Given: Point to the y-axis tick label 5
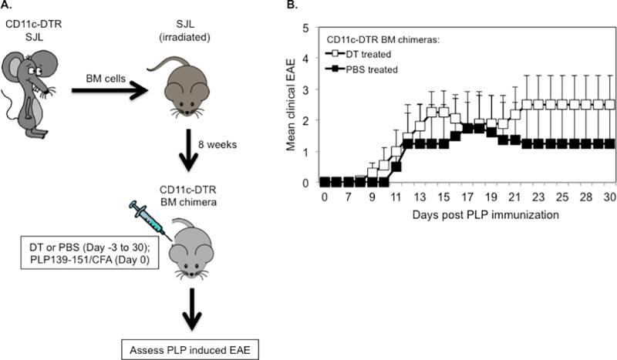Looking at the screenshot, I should click(306, 28).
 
